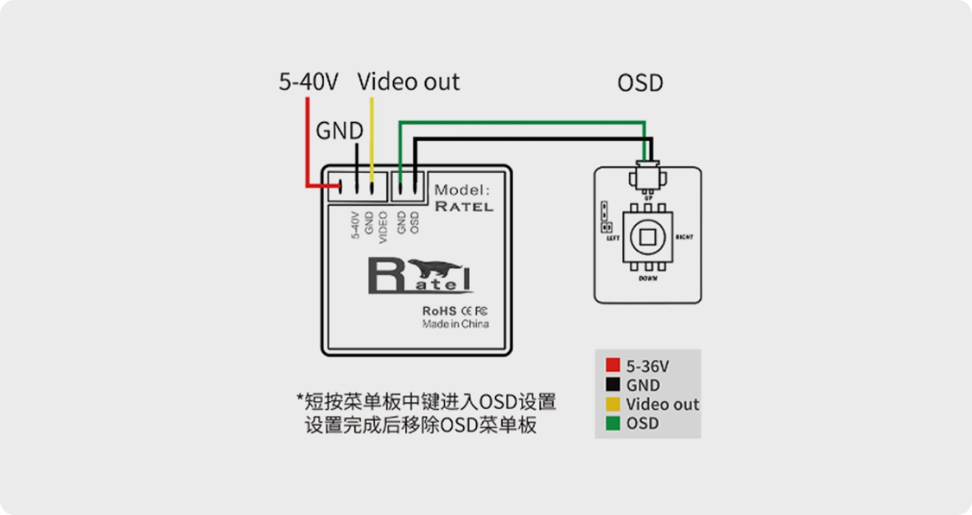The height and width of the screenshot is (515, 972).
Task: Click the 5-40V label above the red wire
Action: (x=308, y=82)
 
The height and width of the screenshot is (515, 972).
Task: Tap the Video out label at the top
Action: (x=409, y=82)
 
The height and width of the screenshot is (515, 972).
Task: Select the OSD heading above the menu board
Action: (x=640, y=83)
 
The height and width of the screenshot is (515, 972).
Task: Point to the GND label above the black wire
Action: (x=339, y=131)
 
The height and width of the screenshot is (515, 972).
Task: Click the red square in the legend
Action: (x=613, y=366)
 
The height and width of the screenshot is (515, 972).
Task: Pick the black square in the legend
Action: (x=613, y=385)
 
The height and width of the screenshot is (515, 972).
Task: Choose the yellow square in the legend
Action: (x=613, y=404)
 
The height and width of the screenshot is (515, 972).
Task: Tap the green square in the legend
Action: (x=613, y=423)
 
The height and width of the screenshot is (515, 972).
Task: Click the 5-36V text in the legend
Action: (x=648, y=366)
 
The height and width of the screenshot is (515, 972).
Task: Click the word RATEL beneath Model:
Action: (x=464, y=207)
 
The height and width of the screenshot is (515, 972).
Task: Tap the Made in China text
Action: (x=455, y=324)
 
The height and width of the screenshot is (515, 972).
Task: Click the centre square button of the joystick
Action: (x=648, y=237)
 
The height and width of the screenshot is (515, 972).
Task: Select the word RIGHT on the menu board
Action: (x=684, y=237)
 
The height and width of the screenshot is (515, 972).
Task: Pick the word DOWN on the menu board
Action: (x=648, y=279)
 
